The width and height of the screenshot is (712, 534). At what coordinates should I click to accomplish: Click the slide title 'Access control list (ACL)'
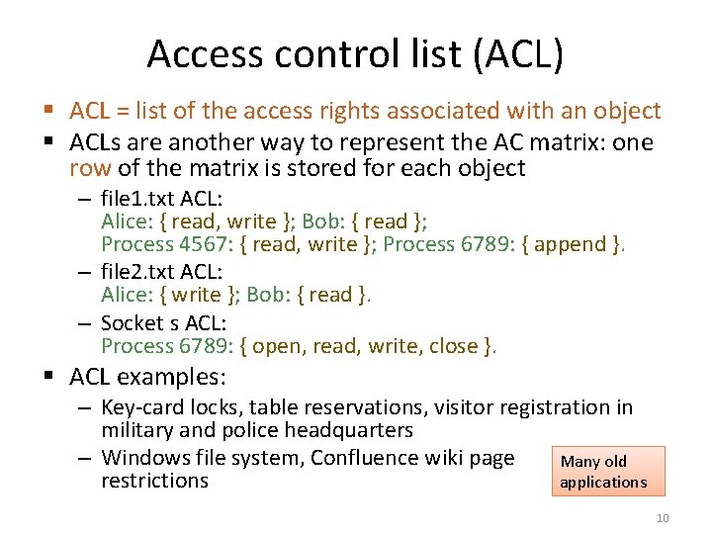tap(355, 53)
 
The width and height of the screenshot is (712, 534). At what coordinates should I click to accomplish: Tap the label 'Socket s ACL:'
tap(162, 322)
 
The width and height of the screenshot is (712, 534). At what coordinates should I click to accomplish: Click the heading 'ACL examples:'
tap(148, 377)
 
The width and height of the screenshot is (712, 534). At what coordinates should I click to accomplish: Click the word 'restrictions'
tap(154, 481)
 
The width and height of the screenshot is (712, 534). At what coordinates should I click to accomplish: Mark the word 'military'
tap(137, 430)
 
